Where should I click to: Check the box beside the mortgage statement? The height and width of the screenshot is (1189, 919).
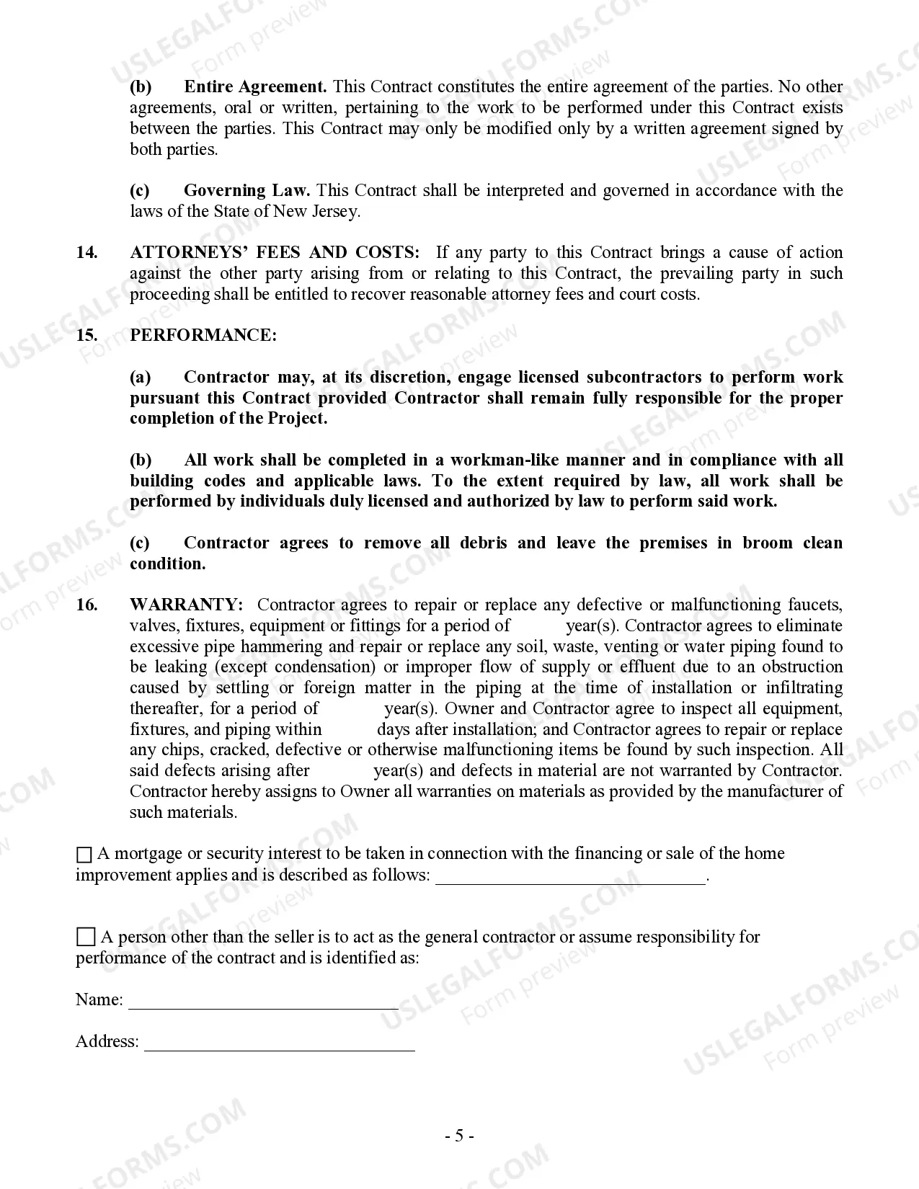84,855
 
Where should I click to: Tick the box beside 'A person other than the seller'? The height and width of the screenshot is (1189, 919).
86,938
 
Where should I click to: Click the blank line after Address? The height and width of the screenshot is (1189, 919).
280,1045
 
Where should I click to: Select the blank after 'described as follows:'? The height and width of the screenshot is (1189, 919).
570,878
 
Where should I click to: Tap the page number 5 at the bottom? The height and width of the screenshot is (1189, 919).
459,1136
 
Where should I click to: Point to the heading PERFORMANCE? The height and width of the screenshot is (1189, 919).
203,335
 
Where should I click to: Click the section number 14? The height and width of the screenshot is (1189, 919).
87,252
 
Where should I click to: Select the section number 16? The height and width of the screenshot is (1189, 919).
87,605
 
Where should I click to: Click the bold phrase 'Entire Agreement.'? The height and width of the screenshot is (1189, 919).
255,87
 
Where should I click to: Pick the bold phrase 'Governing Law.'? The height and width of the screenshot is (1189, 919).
247,190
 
